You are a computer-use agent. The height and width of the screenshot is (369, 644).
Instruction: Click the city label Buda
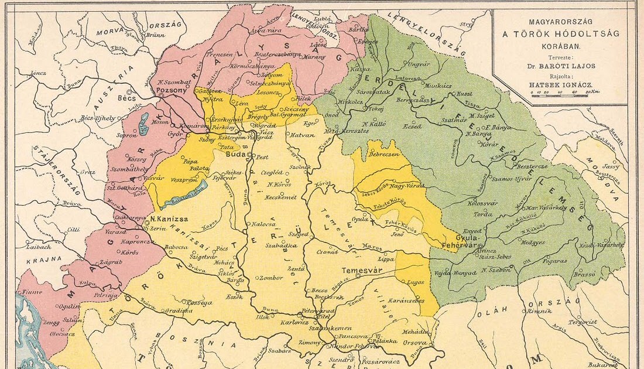pyautogui.click(x=236, y=156)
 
